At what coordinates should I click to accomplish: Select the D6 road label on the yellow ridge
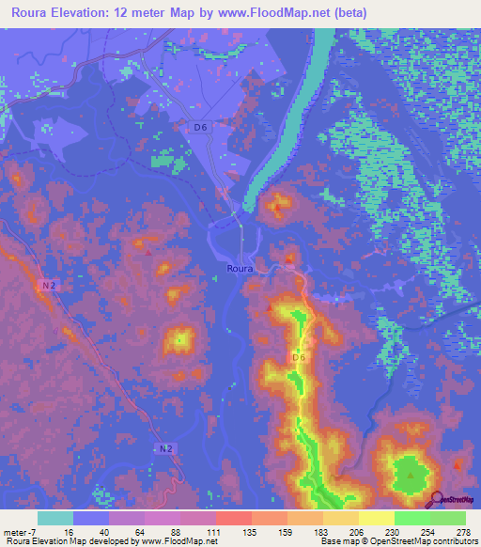tap(299, 358)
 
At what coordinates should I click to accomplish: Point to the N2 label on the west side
tap(49, 285)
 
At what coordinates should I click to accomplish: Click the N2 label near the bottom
tap(165, 449)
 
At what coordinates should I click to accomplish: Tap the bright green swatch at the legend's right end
tap(448, 518)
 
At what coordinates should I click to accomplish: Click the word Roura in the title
tap(34, 12)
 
